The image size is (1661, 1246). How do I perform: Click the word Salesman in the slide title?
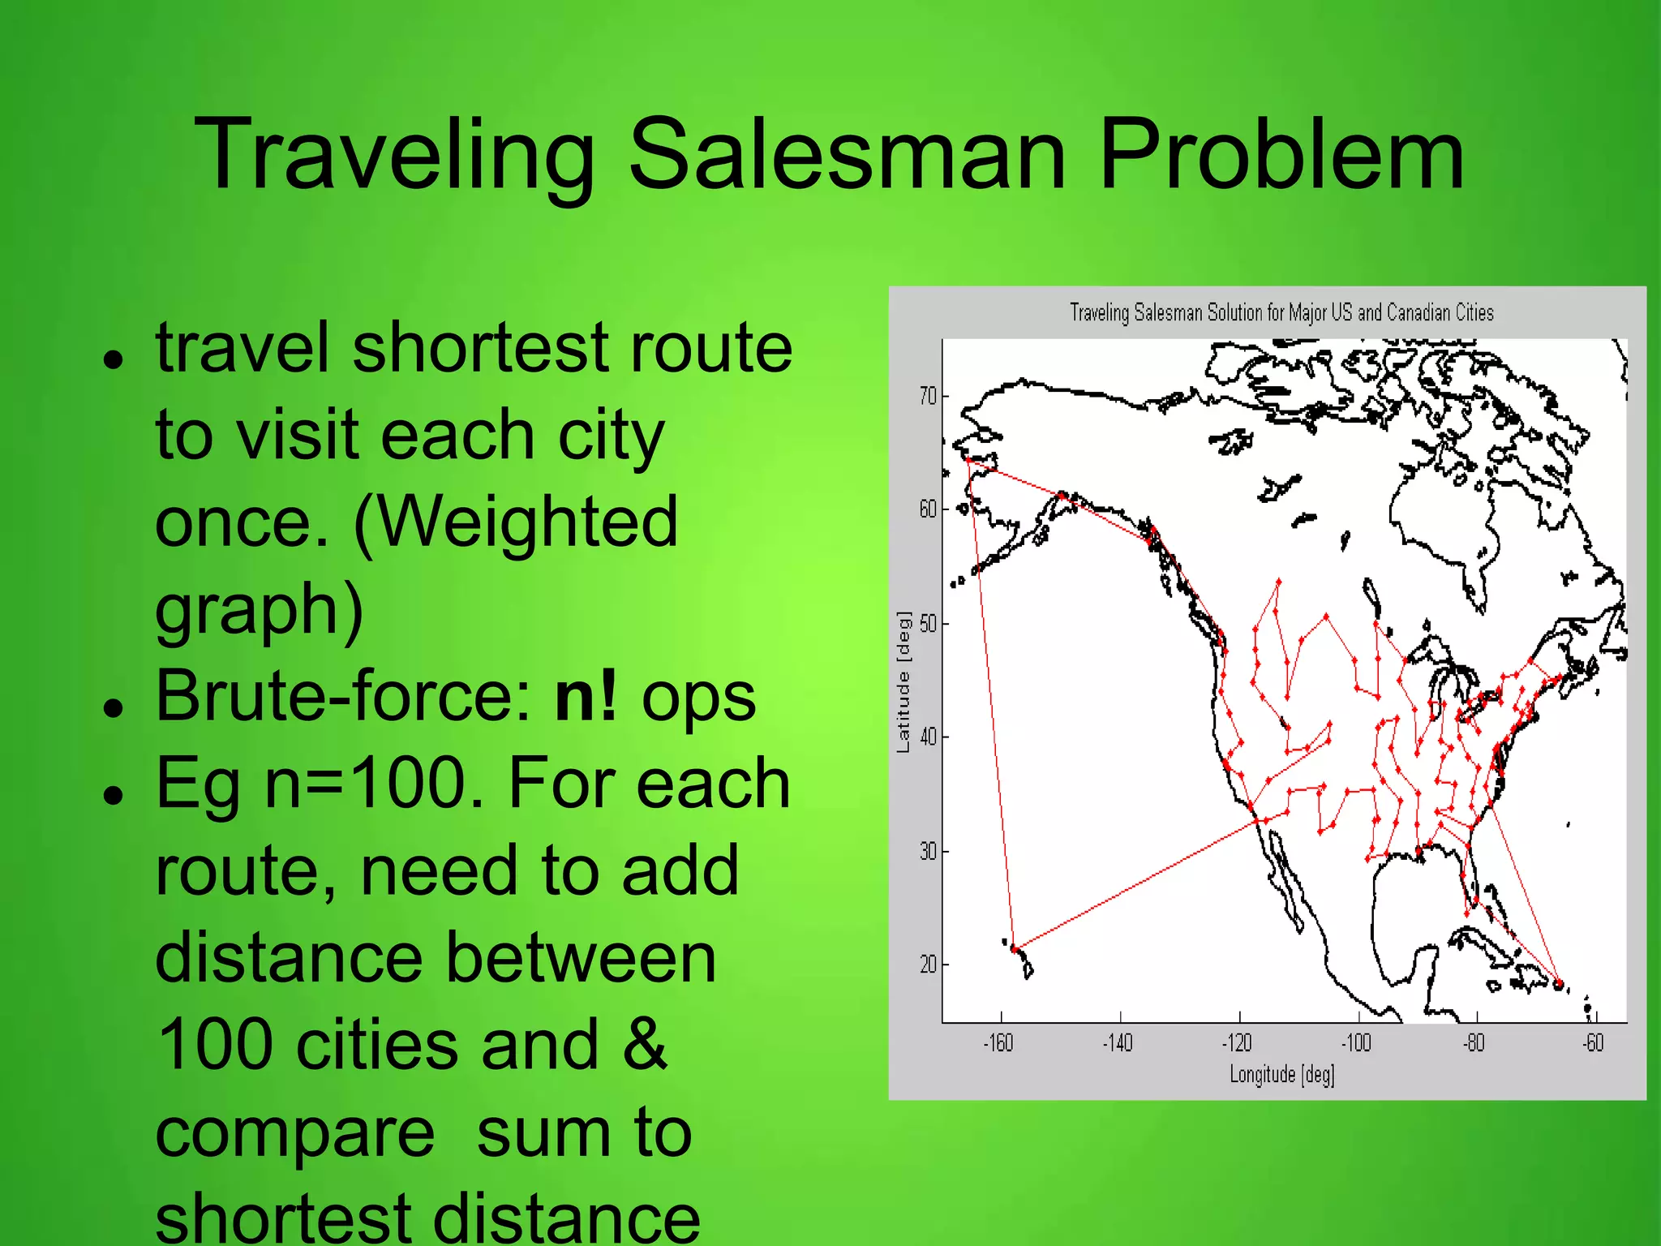(x=847, y=154)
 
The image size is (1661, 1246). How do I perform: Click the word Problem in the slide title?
(x=1281, y=154)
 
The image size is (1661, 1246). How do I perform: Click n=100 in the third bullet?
(x=376, y=784)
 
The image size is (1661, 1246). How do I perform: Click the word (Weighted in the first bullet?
(x=516, y=522)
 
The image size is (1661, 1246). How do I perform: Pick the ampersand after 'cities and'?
(x=645, y=1045)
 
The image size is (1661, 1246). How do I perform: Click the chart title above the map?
(x=1281, y=312)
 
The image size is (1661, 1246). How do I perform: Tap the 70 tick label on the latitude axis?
(x=928, y=397)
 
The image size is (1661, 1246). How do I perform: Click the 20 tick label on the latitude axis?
(x=928, y=965)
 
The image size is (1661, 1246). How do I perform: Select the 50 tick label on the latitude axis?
(x=928, y=624)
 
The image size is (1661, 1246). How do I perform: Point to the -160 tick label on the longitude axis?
(x=998, y=1043)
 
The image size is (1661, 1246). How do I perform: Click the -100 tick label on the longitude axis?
(x=1356, y=1043)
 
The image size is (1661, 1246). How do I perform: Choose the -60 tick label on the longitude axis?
(x=1593, y=1043)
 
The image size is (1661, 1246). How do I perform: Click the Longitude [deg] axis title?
(x=1281, y=1075)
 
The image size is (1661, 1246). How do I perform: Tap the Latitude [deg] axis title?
(x=903, y=682)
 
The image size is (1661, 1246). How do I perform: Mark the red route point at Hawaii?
(x=1015, y=948)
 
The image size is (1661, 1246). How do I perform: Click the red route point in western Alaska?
(x=968, y=461)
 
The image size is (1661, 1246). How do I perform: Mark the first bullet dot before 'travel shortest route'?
(x=114, y=359)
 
